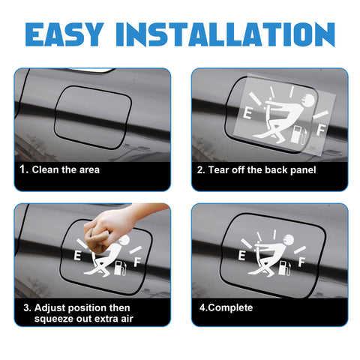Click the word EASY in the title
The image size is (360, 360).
coord(64,34)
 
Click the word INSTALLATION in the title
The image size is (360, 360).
coord(225,34)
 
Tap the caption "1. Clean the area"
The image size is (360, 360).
coord(59,169)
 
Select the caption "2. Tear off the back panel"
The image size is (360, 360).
coord(256,170)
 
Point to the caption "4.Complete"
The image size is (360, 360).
coord(226,307)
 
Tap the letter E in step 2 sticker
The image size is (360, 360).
coord(247,112)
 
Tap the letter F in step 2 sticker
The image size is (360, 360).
coord(320,130)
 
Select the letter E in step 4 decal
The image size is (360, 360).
coord(241,256)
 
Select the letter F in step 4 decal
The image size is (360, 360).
coord(301,262)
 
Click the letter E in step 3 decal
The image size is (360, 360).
coord(77,256)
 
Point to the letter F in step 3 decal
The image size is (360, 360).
coord(137,262)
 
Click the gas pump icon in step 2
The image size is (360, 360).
coord(299,135)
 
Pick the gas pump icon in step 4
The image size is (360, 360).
coord(285,268)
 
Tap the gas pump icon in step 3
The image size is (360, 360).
coord(120,268)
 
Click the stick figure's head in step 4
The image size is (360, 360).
coord(289,240)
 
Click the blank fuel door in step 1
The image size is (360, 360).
coord(93,118)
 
